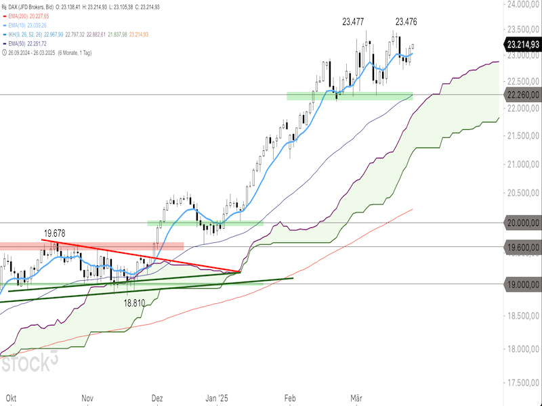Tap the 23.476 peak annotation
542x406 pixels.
(x=406, y=22)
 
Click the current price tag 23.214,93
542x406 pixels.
(x=522, y=45)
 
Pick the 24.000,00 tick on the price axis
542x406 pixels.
(x=522, y=4)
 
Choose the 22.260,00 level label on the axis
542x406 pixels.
(x=522, y=95)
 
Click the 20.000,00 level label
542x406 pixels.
(x=522, y=222)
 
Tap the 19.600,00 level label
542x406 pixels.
(x=522, y=247)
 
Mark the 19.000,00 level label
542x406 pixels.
(x=522, y=284)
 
